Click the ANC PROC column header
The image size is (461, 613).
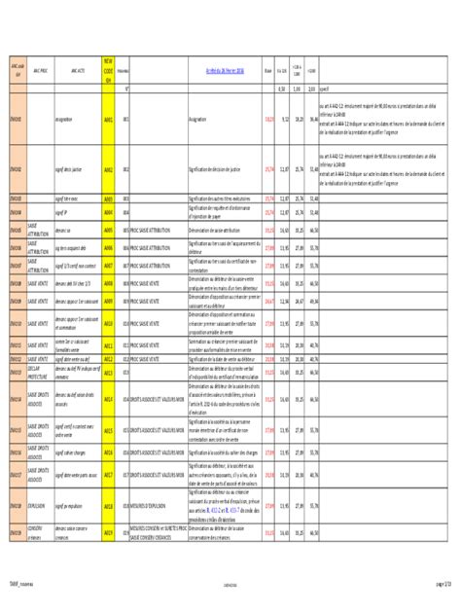click(40, 70)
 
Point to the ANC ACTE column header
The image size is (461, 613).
click(77, 70)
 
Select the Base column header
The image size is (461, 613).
click(267, 70)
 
